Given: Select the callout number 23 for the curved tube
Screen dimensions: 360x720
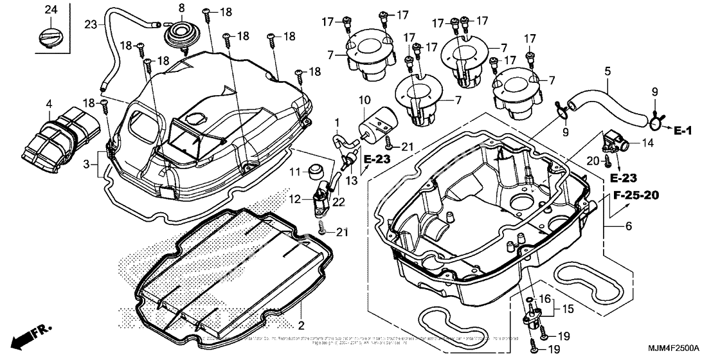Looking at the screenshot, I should (91, 24).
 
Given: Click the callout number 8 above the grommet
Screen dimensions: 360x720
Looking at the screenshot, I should (181, 8).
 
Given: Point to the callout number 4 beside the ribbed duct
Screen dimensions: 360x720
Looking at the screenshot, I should (48, 103).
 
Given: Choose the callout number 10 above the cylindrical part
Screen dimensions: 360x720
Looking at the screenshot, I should (364, 100).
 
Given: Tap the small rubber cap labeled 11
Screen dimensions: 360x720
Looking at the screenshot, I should (315, 172).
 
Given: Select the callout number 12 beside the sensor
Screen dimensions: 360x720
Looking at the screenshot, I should (295, 199).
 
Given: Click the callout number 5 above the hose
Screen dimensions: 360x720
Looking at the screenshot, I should (606, 71).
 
